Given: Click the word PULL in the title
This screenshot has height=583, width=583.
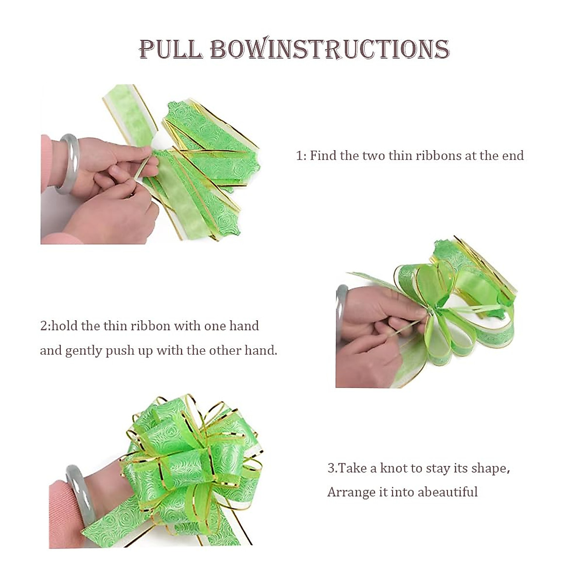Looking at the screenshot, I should click(171, 49).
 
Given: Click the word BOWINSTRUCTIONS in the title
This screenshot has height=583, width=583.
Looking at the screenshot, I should click(330, 49).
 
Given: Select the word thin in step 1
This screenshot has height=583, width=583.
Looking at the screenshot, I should click(401, 155).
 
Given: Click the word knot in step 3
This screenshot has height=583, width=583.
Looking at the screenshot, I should click(394, 468).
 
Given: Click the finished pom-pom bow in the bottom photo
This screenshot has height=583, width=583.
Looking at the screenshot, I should click(189, 462).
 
